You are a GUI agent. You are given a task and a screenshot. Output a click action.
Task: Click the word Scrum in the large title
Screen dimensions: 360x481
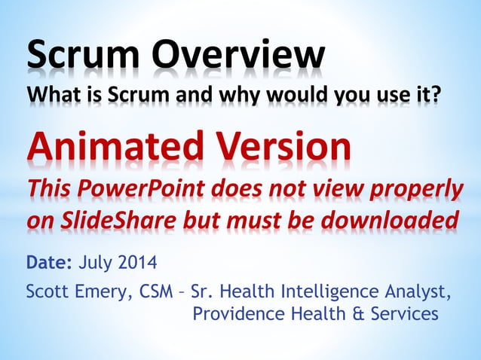(84, 54)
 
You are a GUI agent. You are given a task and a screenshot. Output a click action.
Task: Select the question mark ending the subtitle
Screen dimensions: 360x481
(434, 97)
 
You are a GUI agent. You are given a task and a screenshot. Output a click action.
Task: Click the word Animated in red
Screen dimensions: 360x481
(109, 146)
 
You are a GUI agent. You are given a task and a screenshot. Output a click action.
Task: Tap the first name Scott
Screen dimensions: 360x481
(47, 291)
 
